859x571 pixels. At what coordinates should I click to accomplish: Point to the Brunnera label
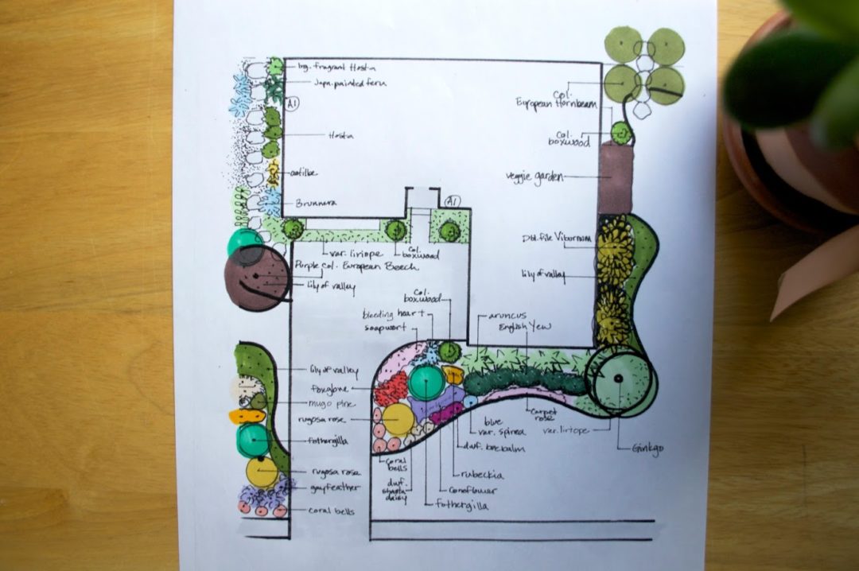(317, 203)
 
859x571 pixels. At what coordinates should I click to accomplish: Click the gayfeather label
(331, 487)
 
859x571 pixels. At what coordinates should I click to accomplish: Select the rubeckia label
(480, 476)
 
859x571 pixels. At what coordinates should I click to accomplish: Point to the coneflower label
(468, 491)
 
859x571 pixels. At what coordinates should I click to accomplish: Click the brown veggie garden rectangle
(616, 180)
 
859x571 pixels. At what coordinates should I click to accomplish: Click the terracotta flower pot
(787, 159)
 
